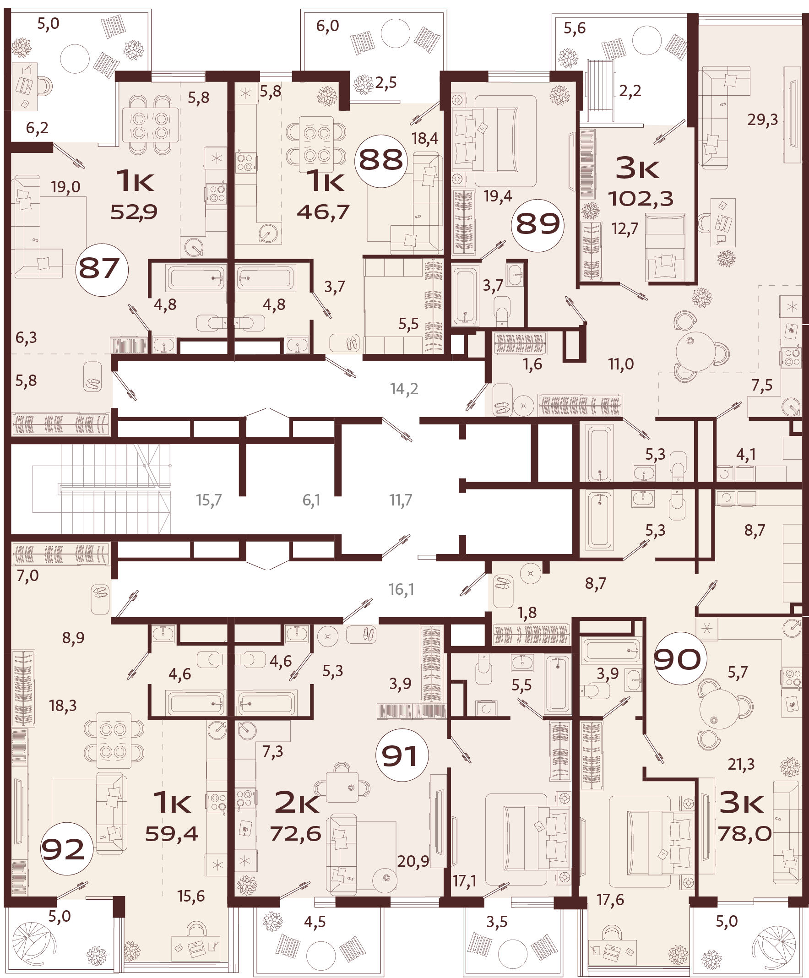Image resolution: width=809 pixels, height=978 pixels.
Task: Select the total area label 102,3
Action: tap(641, 199)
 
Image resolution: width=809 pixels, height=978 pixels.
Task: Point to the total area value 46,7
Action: tap(323, 212)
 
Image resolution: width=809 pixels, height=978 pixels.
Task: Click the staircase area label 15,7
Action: tap(209, 500)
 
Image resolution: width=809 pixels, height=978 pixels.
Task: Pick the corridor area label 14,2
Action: tap(404, 388)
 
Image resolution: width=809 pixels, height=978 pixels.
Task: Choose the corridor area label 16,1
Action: tap(401, 590)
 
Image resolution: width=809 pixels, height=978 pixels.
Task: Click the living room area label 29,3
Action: tap(762, 120)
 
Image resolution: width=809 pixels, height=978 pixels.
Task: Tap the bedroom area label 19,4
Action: tap(497, 196)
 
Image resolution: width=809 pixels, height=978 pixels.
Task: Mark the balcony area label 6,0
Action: tap(327, 26)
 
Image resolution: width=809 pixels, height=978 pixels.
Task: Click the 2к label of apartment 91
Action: tap(297, 803)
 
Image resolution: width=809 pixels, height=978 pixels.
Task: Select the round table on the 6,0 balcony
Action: tap(396, 33)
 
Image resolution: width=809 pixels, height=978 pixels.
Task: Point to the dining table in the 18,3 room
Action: tap(114, 740)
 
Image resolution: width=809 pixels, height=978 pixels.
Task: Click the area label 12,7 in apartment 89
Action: tap(624, 228)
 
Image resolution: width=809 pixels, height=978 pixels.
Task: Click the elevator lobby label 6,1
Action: tap(311, 500)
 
